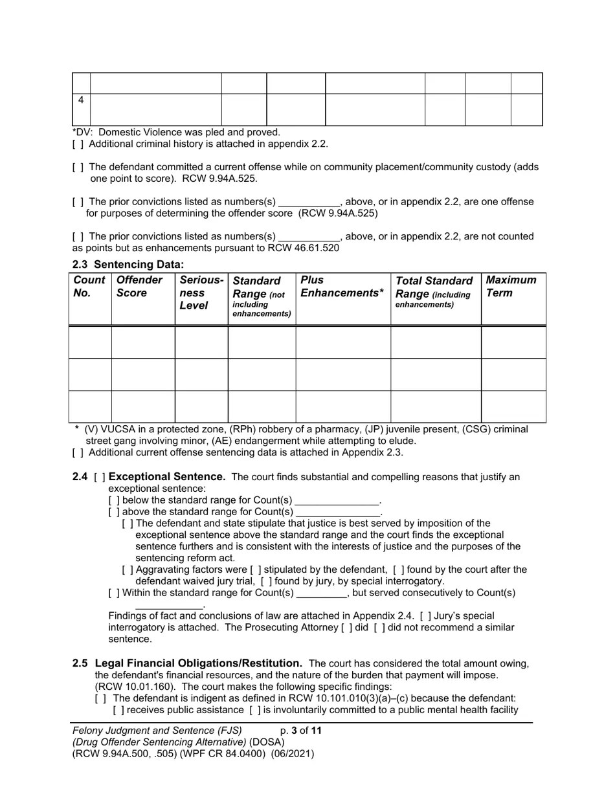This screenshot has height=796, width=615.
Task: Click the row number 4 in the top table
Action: (x=81, y=100)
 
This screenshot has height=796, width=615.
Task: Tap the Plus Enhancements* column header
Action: (x=342, y=287)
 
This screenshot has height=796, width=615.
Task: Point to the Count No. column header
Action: (x=89, y=287)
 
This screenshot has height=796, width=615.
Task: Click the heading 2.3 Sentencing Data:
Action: (x=128, y=265)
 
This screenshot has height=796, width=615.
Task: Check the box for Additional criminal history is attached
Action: (x=78, y=144)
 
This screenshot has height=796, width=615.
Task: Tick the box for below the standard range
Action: (x=114, y=501)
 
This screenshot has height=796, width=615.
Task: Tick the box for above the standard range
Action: (x=114, y=513)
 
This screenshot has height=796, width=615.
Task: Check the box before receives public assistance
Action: (x=118, y=711)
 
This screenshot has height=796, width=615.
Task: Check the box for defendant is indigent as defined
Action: (x=100, y=699)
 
